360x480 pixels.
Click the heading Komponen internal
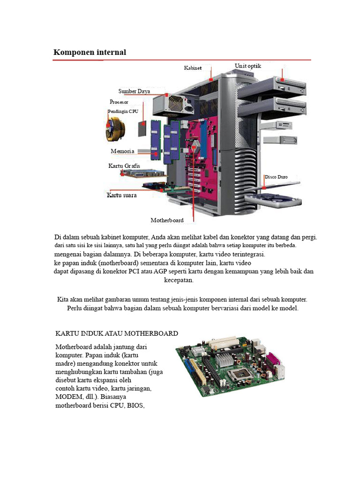point(90,52)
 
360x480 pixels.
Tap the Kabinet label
point(193,68)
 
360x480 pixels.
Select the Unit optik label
point(247,66)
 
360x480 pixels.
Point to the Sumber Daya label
point(134,91)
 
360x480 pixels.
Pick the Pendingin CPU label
point(123,112)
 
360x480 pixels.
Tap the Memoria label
point(122,151)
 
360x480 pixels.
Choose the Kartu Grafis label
point(124,166)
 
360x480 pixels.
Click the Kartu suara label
point(121,195)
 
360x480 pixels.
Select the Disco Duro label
point(276,177)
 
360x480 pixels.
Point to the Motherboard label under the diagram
point(167,220)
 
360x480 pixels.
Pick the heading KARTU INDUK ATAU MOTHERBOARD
point(117,333)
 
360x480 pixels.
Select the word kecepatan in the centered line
point(178,280)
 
